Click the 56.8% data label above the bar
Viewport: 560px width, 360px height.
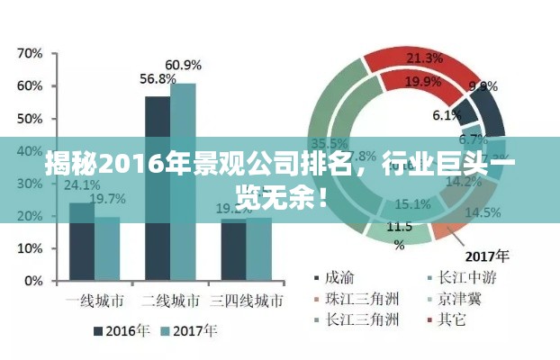[158, 79]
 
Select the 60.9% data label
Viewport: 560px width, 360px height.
[184, 65]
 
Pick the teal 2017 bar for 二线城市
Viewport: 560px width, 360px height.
[183, 181]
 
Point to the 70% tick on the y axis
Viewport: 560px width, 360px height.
[31, 54]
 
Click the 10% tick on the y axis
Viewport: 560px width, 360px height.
[31, 248]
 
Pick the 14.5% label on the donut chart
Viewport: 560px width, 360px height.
[483, 213]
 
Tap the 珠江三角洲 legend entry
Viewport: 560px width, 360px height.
[355, 298]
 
